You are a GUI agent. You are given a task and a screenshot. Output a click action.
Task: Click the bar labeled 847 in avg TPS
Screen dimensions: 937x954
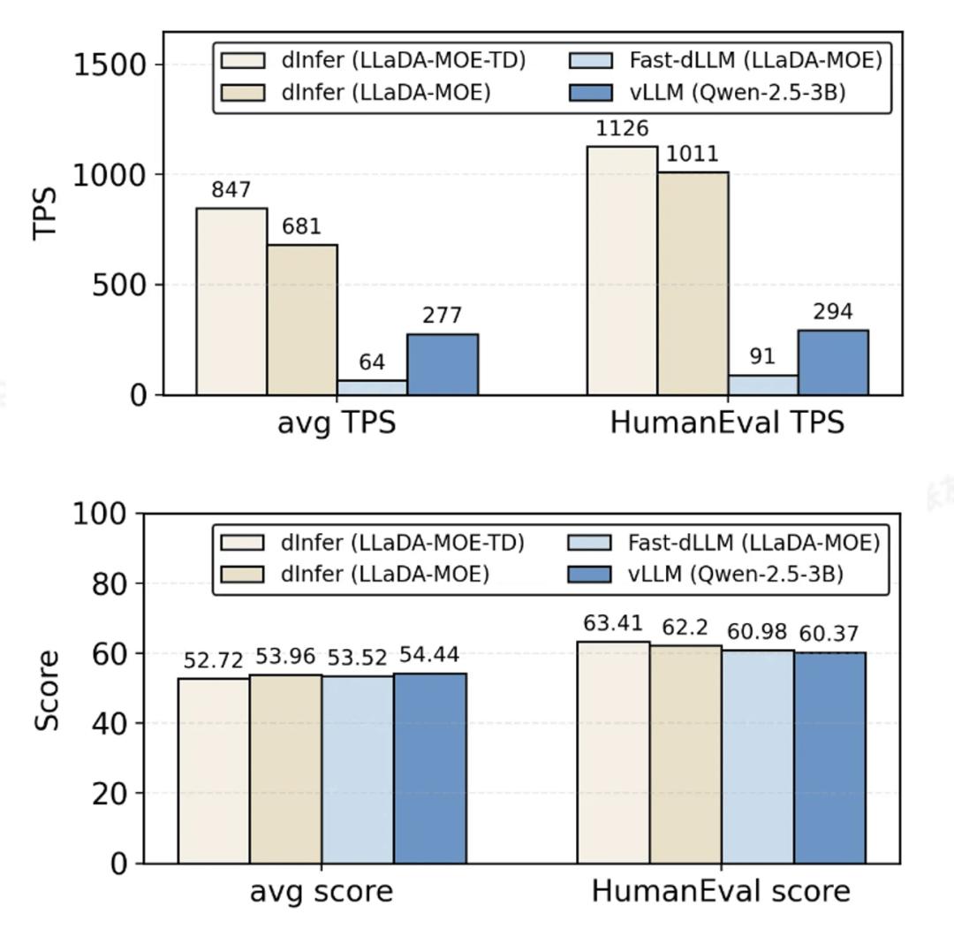(231, 301)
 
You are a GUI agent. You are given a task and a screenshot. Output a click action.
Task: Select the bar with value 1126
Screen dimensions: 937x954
(622, 270)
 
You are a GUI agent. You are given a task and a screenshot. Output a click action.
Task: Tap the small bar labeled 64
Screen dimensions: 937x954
(372, 387)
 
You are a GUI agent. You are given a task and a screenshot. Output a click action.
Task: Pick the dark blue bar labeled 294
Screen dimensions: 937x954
(833, 362)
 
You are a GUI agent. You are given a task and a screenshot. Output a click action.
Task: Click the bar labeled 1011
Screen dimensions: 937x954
(693, 283)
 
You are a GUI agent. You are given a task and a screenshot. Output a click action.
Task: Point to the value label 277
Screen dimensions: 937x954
(443, 316)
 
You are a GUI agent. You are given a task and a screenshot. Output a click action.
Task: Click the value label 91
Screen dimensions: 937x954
(762, 357)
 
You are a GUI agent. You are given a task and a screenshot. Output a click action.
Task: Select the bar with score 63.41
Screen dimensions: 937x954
(613, 752)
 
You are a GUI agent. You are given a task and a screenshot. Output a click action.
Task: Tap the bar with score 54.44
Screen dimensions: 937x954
(430, 768)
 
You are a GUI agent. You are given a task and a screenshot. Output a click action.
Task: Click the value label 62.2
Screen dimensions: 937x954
(685, 628)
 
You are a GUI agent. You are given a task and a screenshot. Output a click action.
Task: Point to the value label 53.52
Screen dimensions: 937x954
(357, 659)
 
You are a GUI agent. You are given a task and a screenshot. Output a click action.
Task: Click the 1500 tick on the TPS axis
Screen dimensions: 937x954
(110, 65)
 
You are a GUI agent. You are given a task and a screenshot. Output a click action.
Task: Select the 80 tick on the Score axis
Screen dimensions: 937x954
(110, 583)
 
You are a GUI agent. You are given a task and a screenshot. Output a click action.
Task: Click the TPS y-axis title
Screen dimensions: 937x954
(45, 213)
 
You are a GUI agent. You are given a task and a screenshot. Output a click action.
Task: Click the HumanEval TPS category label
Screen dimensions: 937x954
(726, 423)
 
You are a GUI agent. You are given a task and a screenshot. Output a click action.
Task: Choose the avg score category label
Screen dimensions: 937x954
(322, 891)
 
